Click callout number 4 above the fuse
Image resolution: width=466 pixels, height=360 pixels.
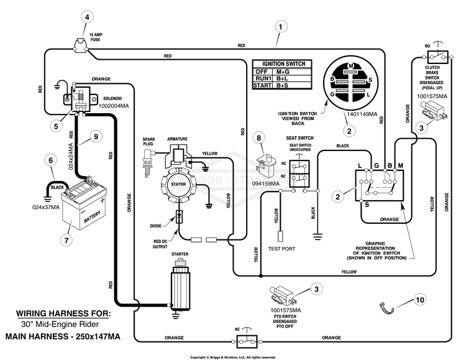point(87,17)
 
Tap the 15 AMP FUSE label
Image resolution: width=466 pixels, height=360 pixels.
point(96,37)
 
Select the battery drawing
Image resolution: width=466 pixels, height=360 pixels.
point(84,204)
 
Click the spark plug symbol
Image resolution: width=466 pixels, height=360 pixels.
point(147,163)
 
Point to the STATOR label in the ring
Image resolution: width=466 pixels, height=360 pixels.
point(178,185)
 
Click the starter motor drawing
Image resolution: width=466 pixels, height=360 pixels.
point(180,284)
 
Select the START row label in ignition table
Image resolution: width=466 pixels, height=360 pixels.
point(262,85)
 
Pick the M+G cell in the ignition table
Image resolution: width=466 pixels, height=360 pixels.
point(283,72)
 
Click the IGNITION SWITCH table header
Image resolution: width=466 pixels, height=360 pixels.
point(283,63)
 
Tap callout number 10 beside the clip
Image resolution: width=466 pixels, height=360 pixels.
point(420,300)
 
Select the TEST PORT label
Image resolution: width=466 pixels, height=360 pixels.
point(281,249)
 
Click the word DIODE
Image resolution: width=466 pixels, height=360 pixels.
point(156,226)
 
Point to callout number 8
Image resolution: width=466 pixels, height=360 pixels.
point(259,138)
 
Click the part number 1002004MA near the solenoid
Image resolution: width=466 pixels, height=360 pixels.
point(114,106)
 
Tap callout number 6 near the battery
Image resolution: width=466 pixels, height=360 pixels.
point(51,160)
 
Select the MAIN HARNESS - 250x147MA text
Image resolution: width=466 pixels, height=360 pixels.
point(63,336)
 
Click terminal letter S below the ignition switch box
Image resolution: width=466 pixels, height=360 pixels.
point(367,205)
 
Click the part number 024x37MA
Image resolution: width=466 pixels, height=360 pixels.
point(46,207)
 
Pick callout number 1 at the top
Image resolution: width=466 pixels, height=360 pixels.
point(281,27)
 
